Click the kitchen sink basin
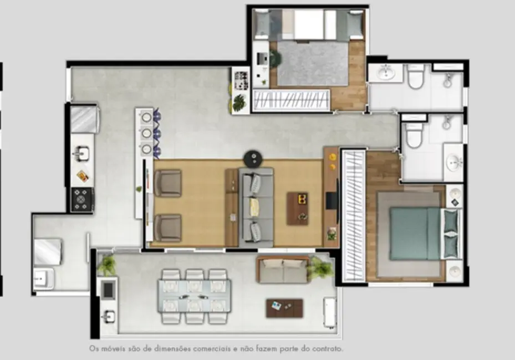81,152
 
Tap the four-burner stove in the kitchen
82,199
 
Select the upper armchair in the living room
168,183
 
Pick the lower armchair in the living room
168,228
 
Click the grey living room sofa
256,207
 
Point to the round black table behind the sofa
253,159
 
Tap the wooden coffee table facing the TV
298,208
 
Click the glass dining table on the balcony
193,296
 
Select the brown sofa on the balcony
283,270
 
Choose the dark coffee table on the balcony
284,308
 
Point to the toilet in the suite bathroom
414,135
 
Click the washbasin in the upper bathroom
384,73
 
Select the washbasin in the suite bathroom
454,162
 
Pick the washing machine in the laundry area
48,251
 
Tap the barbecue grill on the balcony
108,288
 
